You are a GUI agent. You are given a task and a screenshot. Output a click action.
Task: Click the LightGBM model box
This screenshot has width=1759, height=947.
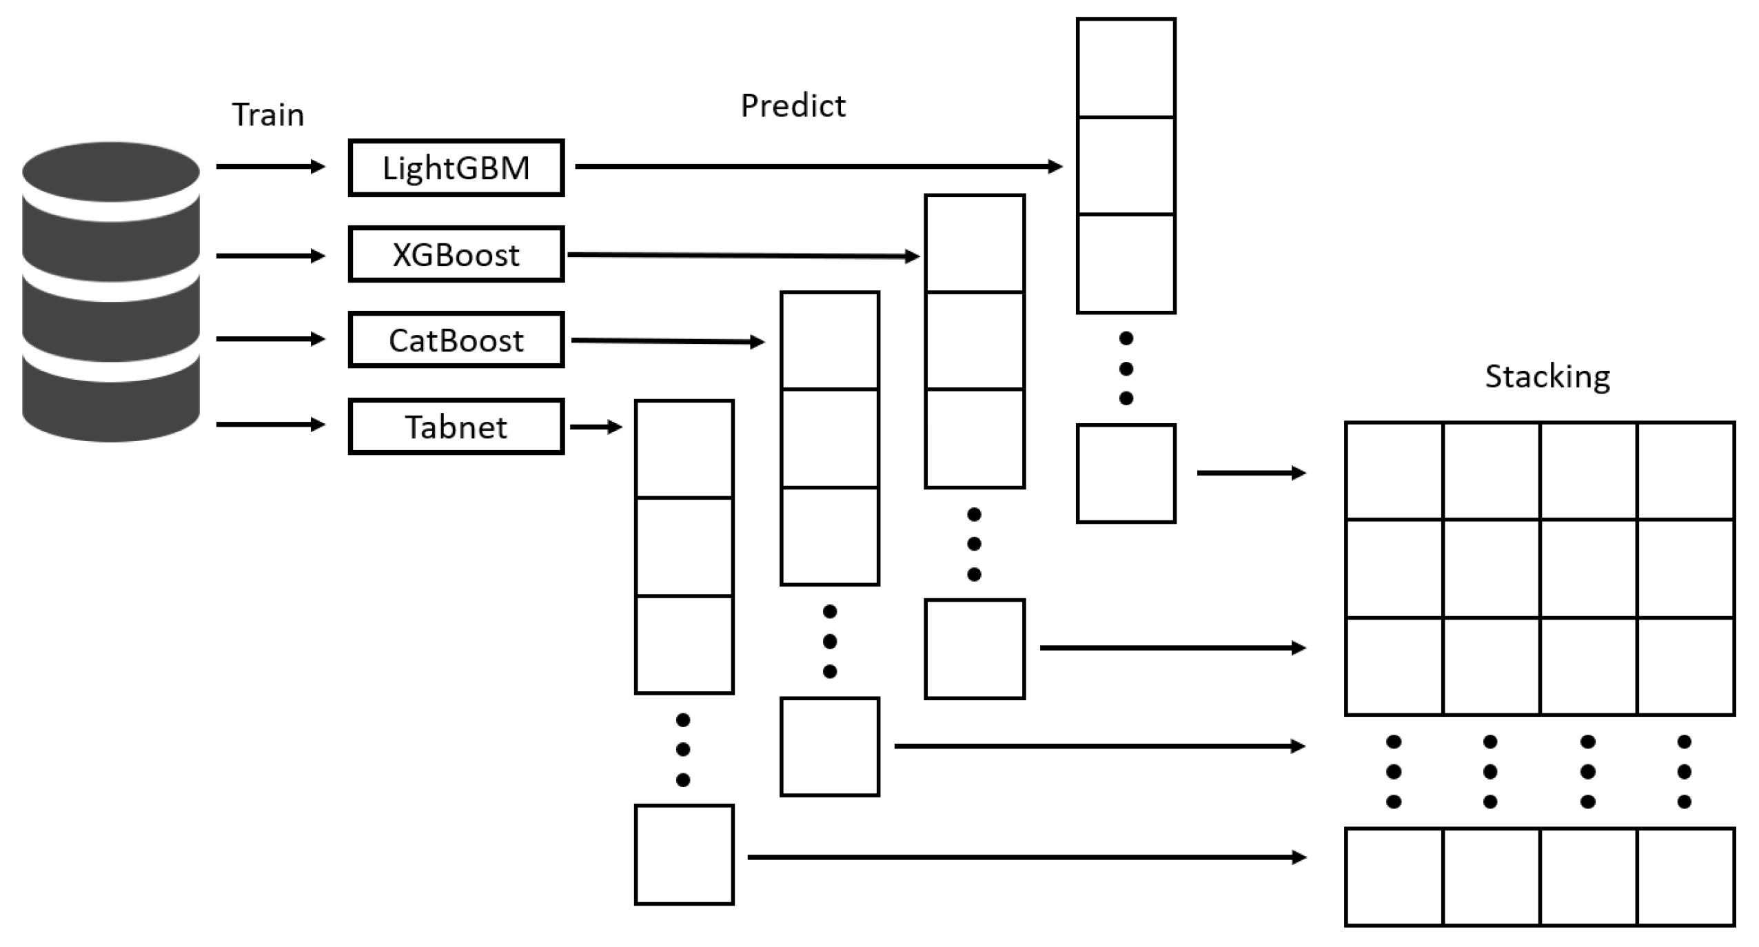coord(456,168)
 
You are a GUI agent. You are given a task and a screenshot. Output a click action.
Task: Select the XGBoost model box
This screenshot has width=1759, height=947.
coord(456,254)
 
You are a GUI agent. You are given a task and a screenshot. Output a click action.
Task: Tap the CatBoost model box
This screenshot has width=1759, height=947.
coord(456,340)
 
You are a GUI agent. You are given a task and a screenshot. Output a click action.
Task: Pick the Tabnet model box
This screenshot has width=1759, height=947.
coord(456,427)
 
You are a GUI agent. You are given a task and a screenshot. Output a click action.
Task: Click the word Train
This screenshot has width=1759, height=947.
coord(267,114)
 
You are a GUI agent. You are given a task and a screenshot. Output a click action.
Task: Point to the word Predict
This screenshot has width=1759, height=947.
coord(793,105)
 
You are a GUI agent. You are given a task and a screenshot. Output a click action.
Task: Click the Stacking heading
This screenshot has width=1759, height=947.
coord(1547,376)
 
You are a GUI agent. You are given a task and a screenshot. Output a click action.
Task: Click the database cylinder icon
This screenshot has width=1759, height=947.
coord(111,292)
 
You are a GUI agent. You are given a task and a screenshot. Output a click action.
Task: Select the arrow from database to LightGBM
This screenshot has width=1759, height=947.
coord(270,167)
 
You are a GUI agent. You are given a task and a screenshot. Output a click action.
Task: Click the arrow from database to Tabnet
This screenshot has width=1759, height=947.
coord(270,425)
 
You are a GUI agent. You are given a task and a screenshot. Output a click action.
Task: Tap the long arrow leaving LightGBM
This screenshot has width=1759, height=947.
coord(817,167)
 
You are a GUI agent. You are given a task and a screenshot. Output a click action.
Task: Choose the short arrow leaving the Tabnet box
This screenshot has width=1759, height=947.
coord(596,427)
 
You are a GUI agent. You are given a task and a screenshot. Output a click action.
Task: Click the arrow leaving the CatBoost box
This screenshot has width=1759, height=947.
coord(667,340)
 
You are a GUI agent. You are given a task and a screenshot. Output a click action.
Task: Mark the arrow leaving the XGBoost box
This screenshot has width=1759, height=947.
coord(742,256)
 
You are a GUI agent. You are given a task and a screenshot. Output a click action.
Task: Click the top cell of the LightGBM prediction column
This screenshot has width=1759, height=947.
coord(1126,68)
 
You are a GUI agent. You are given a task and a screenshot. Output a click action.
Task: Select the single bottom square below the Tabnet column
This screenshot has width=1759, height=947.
coord(684,855)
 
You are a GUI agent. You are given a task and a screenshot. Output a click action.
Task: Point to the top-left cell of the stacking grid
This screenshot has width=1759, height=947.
coord(1394,471)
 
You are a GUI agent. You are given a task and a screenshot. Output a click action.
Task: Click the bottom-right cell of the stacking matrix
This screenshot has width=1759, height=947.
coord(1685,877)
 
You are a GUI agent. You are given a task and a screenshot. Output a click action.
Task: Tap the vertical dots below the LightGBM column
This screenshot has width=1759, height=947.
coord(1126,369)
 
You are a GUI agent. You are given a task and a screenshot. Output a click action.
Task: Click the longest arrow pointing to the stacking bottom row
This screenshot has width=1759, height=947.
coord(1026,857)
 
